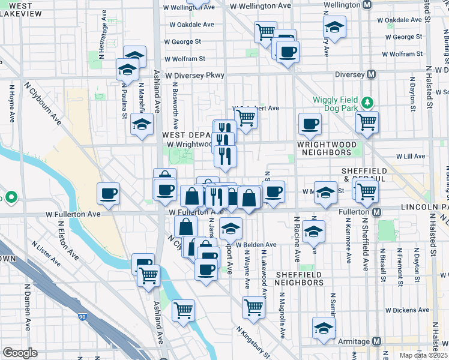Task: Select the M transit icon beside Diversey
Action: pyautogui.click(x=372, y=75)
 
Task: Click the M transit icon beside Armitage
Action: pyautogui.click(x=377, y=341)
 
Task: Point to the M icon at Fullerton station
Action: pyautogui.click(x=377, y=212)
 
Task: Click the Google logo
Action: pyautogui.click(x=20, y=353)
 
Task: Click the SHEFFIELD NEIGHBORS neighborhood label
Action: pyautogui.click(x=300, y=278)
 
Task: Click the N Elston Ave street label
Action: pyautogui.click(x=68, y=240)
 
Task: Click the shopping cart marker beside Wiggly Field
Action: pyautogui.click(x=366, y=122)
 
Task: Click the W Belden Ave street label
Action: pyautogui.click(x=255, y=245)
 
